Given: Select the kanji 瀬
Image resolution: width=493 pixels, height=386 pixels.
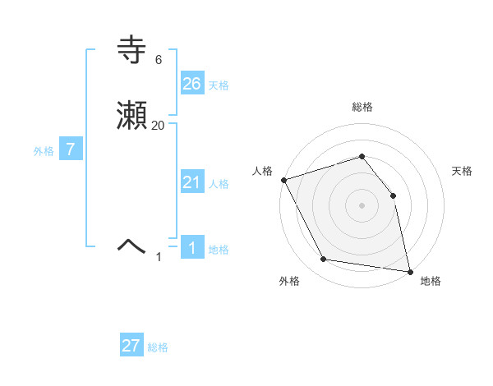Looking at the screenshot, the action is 132,117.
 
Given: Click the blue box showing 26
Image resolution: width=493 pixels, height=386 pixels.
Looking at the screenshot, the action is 191,83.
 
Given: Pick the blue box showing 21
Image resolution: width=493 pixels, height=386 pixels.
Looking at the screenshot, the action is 191,182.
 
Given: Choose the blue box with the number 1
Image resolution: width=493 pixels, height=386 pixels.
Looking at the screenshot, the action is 191,247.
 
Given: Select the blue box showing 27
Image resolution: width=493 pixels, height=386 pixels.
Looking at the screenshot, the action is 131,346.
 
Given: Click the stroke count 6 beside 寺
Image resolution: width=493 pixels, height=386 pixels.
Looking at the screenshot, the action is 158,60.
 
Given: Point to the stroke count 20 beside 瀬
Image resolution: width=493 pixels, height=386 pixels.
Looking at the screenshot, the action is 159,125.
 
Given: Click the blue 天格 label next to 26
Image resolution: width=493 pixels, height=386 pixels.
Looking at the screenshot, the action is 219,85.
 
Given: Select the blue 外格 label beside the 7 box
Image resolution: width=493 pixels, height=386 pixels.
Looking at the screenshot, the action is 44,151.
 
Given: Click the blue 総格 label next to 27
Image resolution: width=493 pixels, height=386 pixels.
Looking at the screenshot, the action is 158,347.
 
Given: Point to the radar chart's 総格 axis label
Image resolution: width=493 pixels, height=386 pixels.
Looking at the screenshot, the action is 362,107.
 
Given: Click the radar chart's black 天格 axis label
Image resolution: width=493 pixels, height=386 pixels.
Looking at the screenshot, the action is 462,171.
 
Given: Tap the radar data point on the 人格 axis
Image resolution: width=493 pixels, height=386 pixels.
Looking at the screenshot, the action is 283,180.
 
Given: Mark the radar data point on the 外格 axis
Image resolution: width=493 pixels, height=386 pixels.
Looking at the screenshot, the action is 324,260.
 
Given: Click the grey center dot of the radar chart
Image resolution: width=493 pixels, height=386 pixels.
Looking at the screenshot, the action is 362,205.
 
